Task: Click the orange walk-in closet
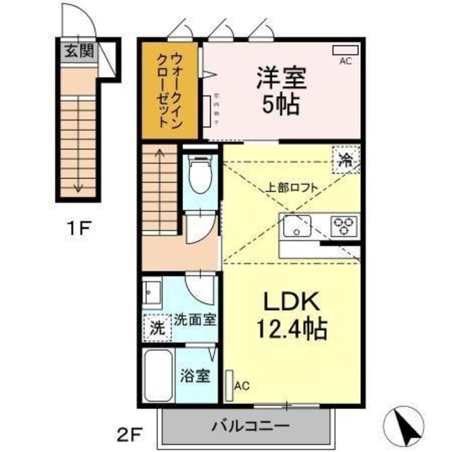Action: coord(170,90)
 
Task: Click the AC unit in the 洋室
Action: coord(345,50)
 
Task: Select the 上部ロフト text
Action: coord(292,188)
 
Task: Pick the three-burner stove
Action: coord(344,226)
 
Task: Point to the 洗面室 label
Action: coord(194,319)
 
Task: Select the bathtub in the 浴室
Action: coord(159,375)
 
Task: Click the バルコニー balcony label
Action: coord(247,426)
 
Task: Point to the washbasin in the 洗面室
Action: coord(152,291)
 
